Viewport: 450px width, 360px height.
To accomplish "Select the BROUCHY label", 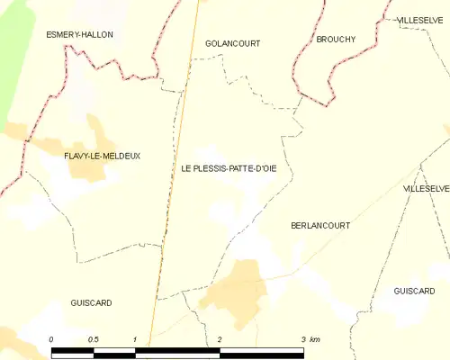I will pyautogui.click(x=336, y=40).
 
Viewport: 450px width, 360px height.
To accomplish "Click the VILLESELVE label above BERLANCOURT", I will pyautogui.click(x=426, y=189).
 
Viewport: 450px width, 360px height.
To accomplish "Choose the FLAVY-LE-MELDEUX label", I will pyautogui.click(x=102, y=156).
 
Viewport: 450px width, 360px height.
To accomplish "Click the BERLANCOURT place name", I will pyautogui.click(x=320, y=225).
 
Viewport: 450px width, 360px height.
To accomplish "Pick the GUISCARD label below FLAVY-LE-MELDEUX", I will pyautogui.click(x=91, y=303).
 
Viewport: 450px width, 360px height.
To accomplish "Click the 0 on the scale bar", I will pyautogui.click(x=51, y=339).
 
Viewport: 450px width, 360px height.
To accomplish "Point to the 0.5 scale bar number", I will pyautogui.click(x=93, y=339).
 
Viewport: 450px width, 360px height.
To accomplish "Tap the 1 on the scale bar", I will pyautogui.click(x=135, y=339).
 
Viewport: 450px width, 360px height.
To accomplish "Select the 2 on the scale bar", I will pyautogui.click(x=220, y=339).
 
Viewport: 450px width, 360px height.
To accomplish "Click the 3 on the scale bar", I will pyautogui.click(x=302, y=339).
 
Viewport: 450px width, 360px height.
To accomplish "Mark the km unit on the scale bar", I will pyautogui.click(x=314, y=339).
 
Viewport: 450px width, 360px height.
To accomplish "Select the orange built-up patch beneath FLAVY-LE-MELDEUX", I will pyautogui.click(x=99, y=171).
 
